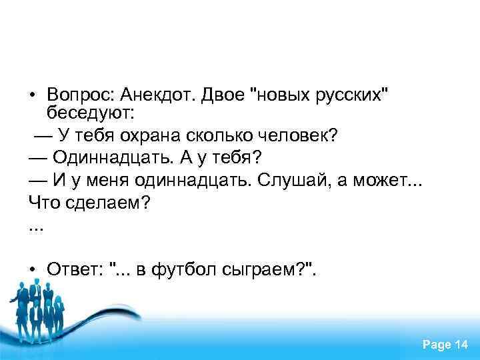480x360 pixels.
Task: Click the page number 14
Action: [461, 344]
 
